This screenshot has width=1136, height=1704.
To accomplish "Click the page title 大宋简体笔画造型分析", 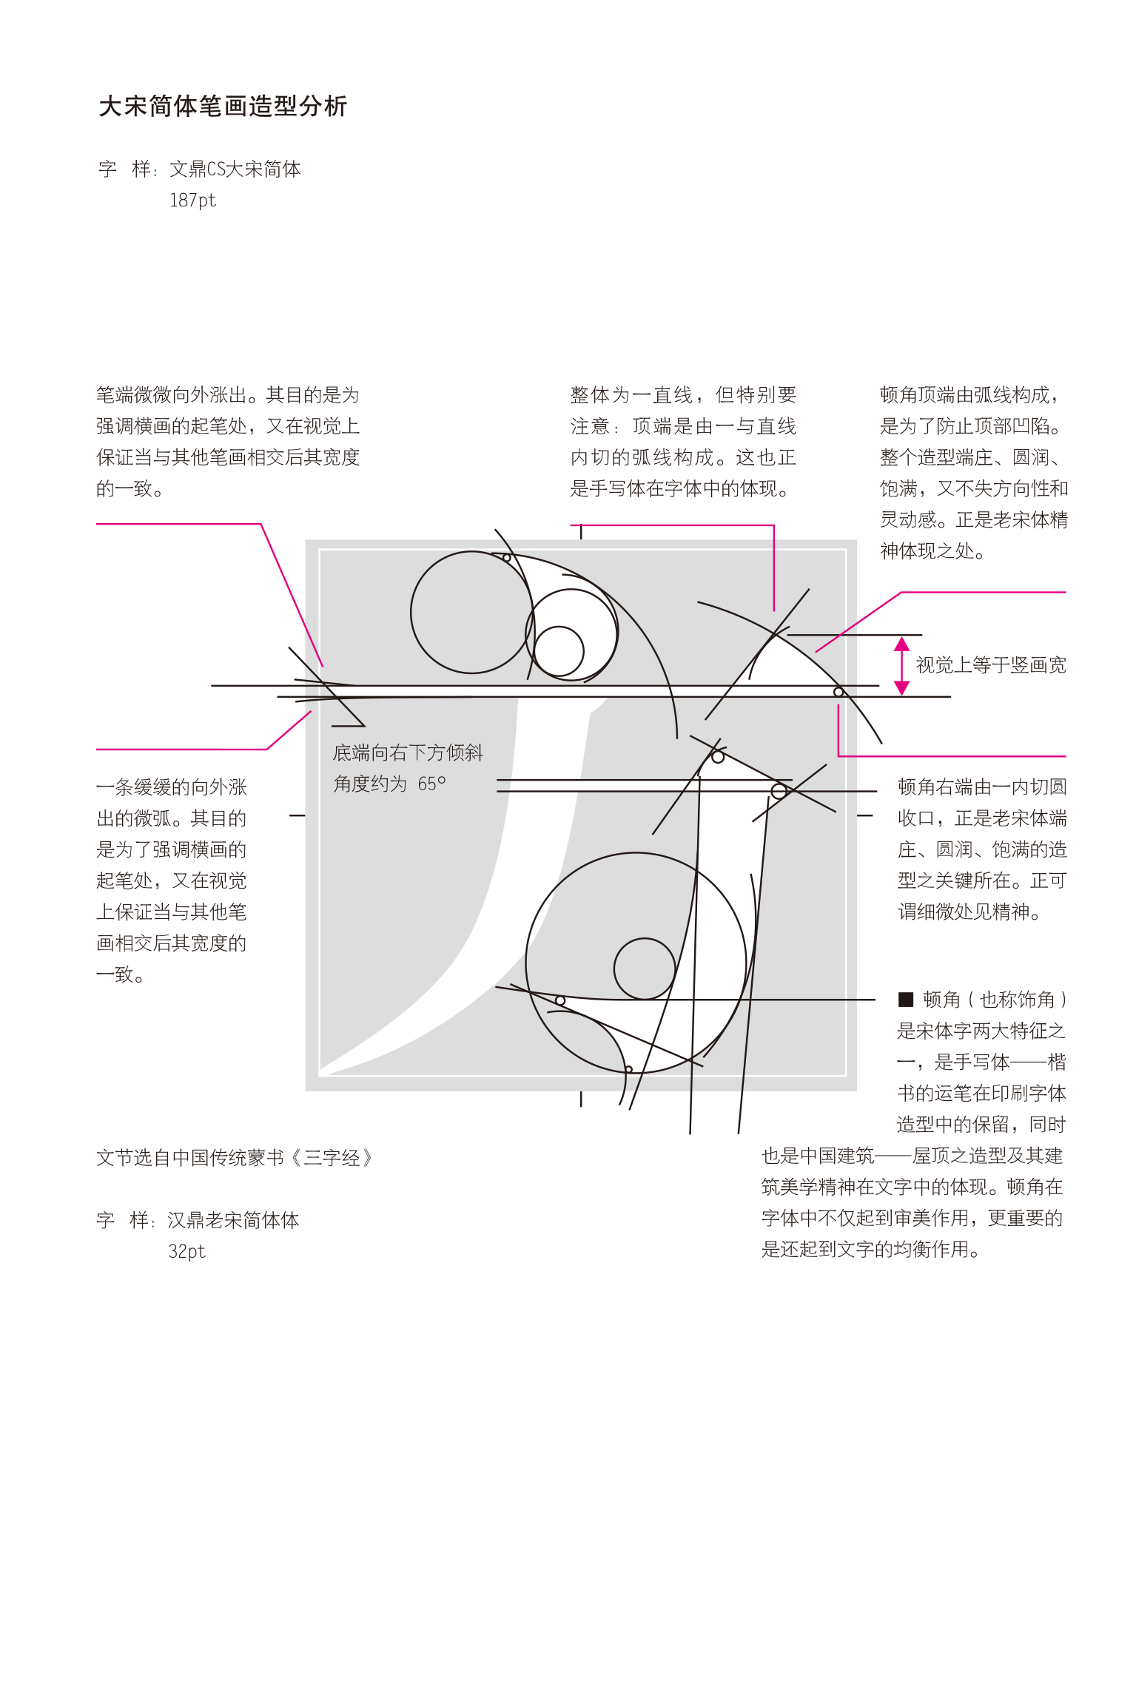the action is (x=223, y=107).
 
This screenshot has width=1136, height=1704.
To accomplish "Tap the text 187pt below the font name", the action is (x=192, y=201).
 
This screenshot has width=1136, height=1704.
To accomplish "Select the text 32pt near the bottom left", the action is (x=186, y=1251).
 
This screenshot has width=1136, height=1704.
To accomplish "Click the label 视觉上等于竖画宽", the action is (x=990, y=665).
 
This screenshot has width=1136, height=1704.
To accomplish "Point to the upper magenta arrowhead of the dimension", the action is (x=901, y=644).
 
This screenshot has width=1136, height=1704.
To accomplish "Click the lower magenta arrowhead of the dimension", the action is (x=901, y=688).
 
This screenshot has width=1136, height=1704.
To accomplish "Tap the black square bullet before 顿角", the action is (x=905, y=1000).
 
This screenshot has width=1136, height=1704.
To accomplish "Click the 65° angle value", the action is (x=431, y=784).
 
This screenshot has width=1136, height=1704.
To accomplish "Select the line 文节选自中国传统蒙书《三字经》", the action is (x=234, y=1158).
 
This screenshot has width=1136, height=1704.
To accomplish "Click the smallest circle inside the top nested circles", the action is (x=559, y=651).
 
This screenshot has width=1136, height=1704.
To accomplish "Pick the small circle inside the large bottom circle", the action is (x=645, y=969).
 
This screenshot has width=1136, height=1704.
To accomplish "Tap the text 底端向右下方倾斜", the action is (x=408, y=752).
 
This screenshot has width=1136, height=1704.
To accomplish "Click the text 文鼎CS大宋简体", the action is (x=235, y=169).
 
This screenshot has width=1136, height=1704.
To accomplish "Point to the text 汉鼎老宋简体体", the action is (x=233, y=1220).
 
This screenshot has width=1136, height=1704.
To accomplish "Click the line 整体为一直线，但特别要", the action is (x=683, y=395).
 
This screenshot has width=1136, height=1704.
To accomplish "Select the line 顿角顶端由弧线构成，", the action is (x=969, y=395).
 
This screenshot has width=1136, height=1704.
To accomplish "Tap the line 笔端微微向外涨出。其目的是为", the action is (x=228, y=395).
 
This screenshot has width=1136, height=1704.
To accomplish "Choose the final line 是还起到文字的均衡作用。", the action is (x=870, y=1250).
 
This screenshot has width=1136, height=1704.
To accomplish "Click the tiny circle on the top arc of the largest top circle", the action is (x=507, y=558).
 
